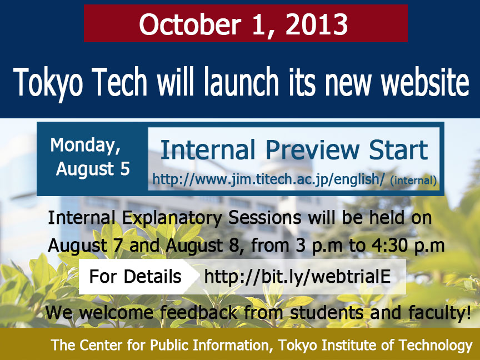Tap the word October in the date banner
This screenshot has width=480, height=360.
(x=190, y=24)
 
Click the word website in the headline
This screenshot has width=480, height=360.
(x=425, y=81)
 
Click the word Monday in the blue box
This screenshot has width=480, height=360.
(x=86, y=145)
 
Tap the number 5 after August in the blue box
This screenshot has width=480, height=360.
(x=125, y=169)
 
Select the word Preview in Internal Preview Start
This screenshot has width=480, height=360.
(x=312, y=149)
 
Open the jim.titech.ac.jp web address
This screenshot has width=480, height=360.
(x=268, y=179)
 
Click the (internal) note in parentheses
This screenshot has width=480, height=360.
(x=413, y=181)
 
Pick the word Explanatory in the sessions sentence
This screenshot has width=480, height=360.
(x=172, y=218)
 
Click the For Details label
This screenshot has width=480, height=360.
(x=136, y=277)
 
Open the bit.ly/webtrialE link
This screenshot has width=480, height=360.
(x=297, y=277)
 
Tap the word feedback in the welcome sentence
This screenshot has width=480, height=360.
(x=199, y=313)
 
